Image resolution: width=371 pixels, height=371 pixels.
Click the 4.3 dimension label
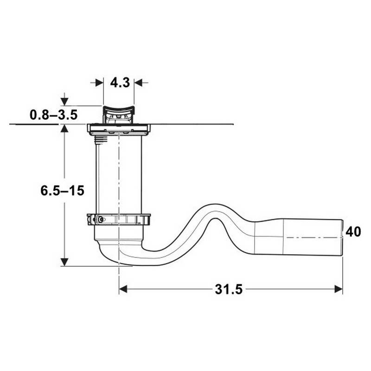coord(120,83)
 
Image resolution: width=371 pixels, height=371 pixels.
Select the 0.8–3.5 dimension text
coord(54,115)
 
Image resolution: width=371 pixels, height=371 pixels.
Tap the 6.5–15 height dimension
coord(62,191)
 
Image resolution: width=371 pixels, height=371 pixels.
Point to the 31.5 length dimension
coord(229,289)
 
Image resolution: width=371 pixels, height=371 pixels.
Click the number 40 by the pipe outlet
coord(353,231)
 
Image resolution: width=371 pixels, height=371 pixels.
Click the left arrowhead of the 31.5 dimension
coord(123,289)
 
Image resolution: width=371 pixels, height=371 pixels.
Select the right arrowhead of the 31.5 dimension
coord(339,289)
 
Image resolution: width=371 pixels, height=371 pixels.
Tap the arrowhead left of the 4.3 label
coord(99,83)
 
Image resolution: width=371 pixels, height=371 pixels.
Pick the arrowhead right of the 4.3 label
coord(138,83)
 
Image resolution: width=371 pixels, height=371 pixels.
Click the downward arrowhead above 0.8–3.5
coord(64,102)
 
